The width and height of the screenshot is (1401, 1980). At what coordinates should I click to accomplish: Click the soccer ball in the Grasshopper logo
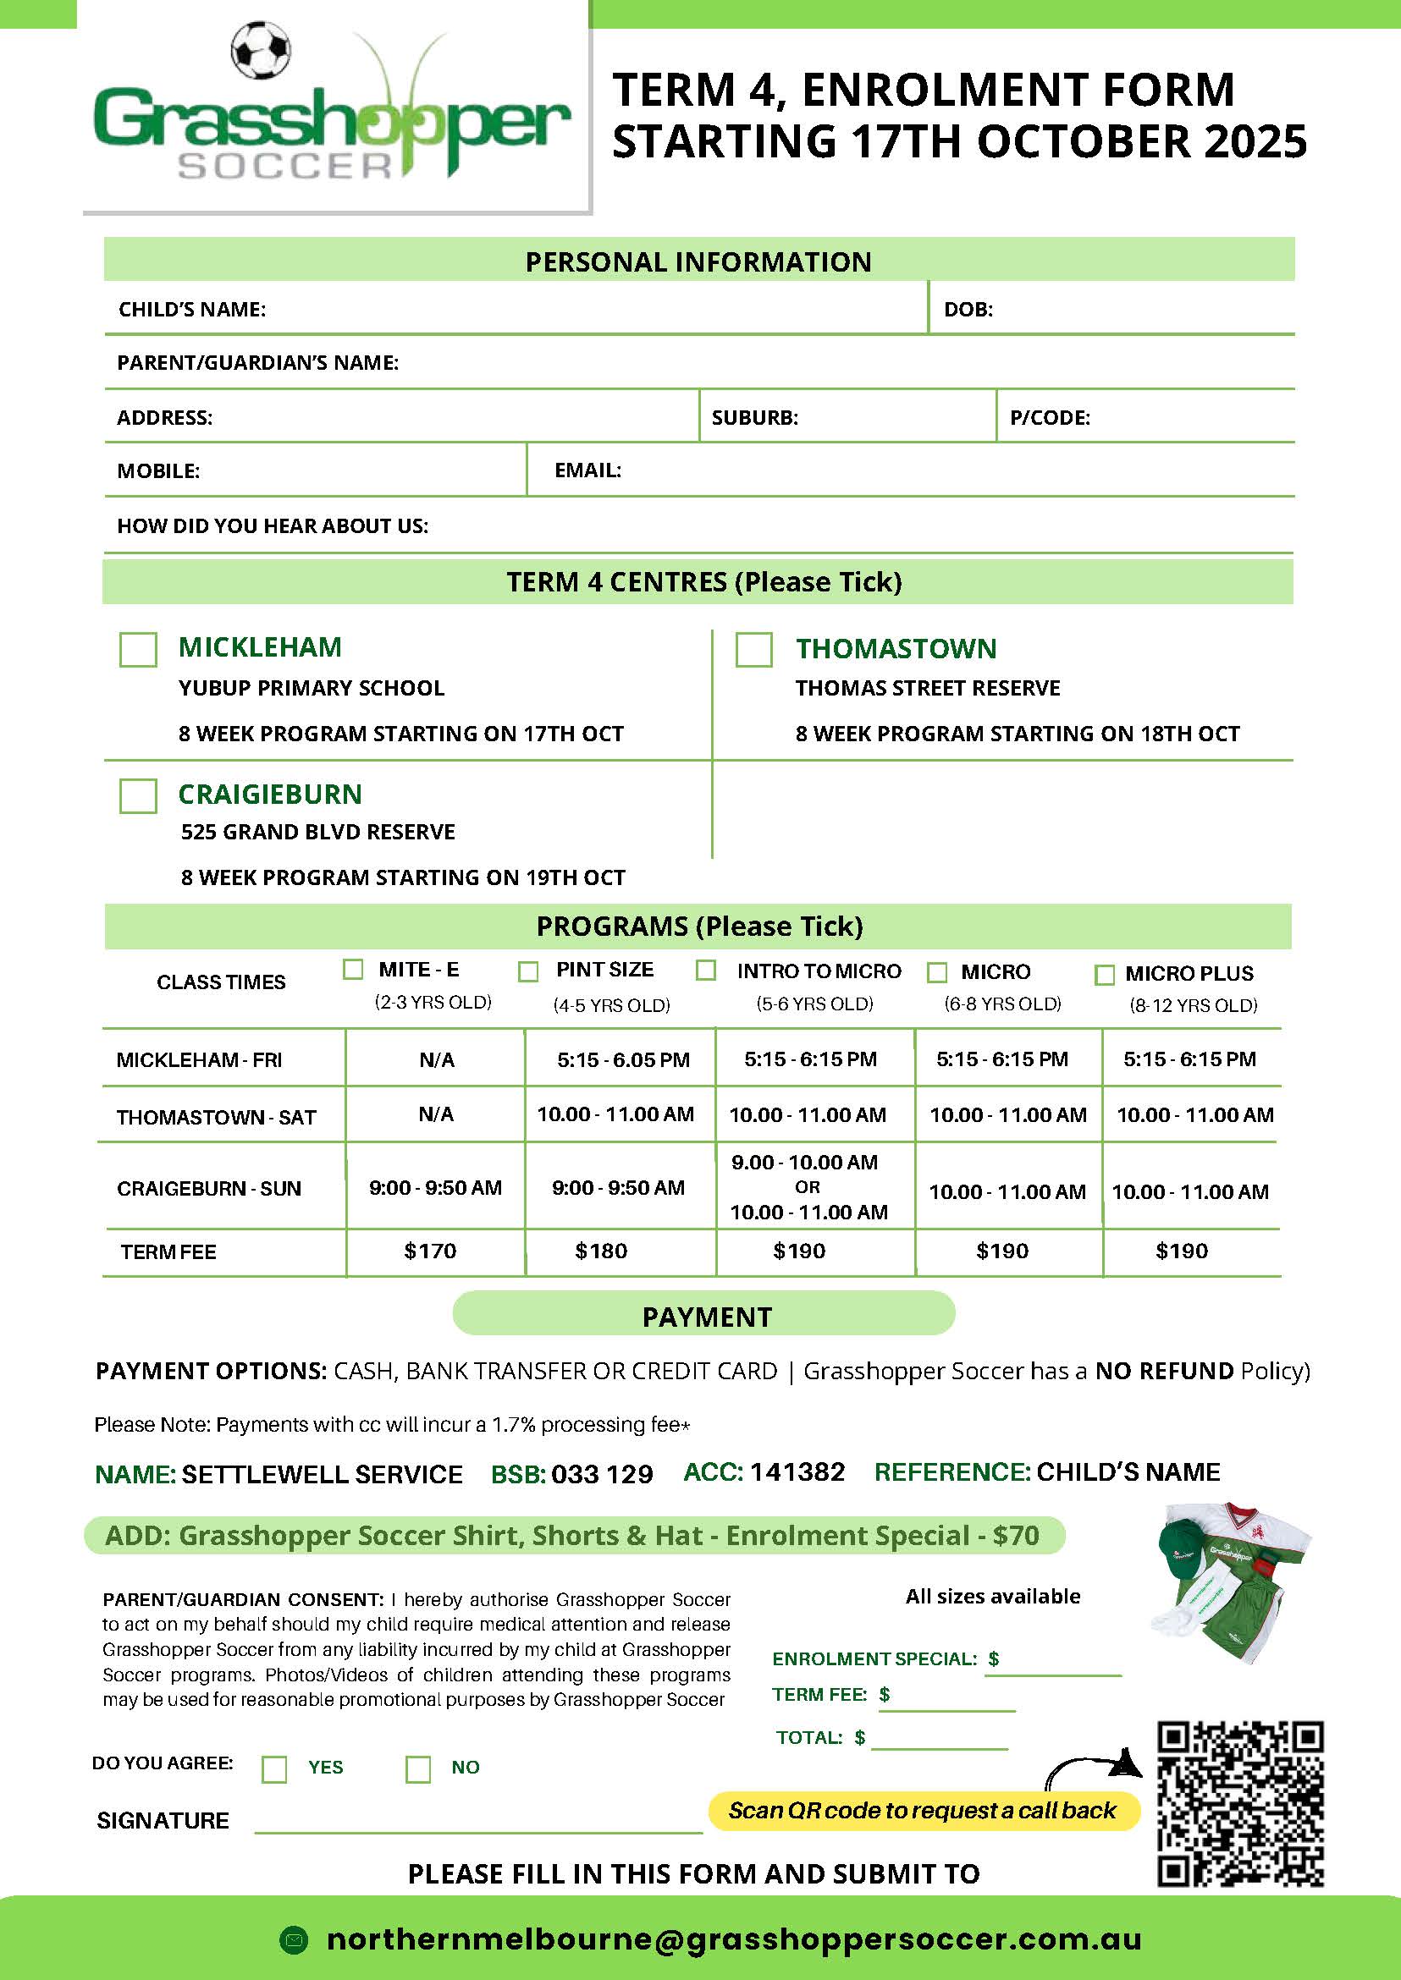(x=261, y=50)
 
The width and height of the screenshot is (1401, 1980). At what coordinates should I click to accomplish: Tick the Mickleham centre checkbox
(x=138, y=649)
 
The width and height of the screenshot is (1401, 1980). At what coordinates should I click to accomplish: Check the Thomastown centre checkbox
(x=753, y=649)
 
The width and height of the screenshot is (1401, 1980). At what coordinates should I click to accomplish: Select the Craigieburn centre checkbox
(x=138, y=795)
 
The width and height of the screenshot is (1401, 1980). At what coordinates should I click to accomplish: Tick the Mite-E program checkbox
(x=353, y=970)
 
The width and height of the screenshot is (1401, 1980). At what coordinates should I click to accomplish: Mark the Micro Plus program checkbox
(x=1104, y=975)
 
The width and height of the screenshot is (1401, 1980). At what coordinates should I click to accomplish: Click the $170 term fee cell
(x=430, y=1251)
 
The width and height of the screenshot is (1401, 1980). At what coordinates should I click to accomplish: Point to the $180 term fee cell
(x=601, y=1251)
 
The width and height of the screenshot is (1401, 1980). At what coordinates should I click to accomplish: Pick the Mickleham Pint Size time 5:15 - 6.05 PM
(x=623, y=1059)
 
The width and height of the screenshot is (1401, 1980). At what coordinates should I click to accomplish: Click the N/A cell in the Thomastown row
(x=436, y=1114)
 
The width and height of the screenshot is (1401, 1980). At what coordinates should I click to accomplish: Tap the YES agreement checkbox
(x=274, y=1769)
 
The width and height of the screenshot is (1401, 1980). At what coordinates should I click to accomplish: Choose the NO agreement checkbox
(x=418, y=1769)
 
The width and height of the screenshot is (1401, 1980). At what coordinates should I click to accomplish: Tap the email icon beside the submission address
(x=295, y=1940)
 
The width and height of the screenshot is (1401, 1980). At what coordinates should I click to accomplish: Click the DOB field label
(x=968, y=309)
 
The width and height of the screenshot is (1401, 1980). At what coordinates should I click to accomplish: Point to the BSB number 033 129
(x=602, y=1474)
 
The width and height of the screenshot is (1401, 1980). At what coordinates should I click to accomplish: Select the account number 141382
(x=797, y=1471)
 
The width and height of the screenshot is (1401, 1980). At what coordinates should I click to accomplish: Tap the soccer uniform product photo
(x=1231, y=1583)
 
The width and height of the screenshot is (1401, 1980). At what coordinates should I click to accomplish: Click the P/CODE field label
(x=1050, y=417)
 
